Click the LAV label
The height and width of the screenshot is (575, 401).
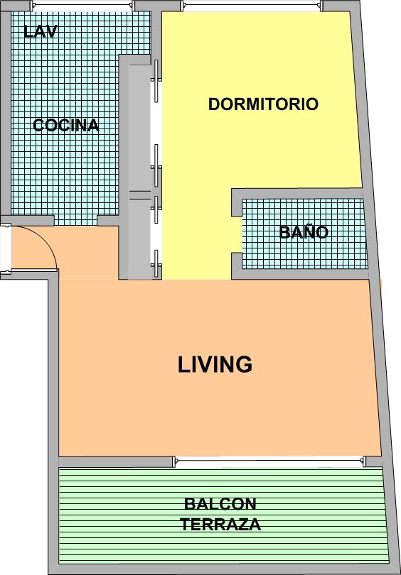41,31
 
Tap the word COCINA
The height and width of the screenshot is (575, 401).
66,126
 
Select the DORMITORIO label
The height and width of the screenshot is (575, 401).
263,104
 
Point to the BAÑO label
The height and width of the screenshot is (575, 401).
304,232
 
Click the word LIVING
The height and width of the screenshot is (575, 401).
215,364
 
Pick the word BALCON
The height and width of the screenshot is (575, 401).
220,504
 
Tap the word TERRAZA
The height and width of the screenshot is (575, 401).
220,525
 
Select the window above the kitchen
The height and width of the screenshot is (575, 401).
82,5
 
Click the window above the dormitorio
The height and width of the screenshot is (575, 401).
252,5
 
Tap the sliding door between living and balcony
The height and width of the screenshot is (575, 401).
269,461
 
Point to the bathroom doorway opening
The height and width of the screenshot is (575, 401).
237,235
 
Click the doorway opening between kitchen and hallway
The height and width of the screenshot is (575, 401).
75,220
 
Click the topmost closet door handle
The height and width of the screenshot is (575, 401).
156,81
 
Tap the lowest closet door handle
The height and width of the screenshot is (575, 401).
156,263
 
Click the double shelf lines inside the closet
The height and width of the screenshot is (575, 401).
140,195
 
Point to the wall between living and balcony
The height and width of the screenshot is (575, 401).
116,461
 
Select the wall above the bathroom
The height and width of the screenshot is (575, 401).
297,194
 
